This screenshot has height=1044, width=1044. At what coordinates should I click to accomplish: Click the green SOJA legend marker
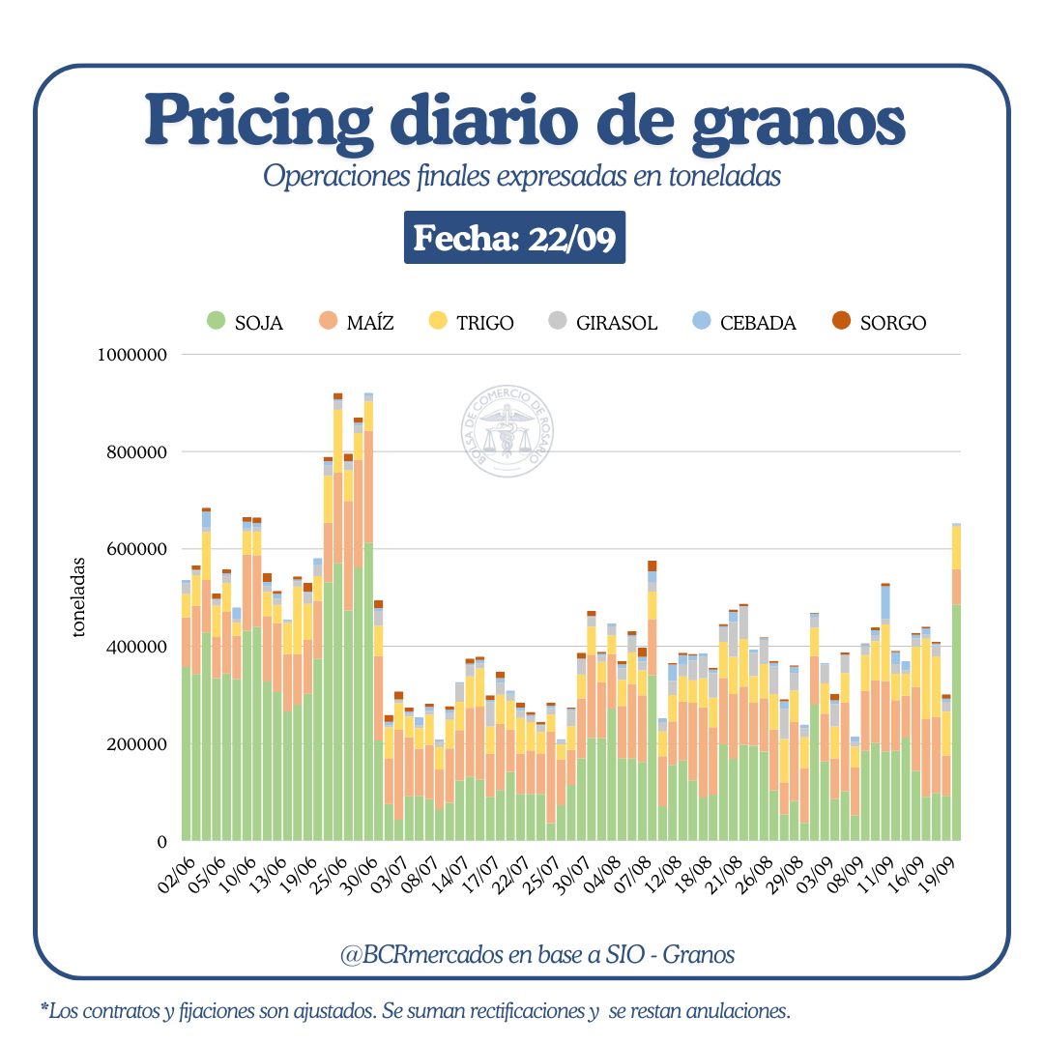(217, 322)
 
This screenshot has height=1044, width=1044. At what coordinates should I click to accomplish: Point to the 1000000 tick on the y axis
(133, 355)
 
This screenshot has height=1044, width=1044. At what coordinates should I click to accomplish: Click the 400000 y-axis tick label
(138, 647)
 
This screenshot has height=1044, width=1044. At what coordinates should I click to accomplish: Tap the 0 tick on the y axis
(162, 842)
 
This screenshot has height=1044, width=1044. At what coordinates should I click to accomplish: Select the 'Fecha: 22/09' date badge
(514, 238)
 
